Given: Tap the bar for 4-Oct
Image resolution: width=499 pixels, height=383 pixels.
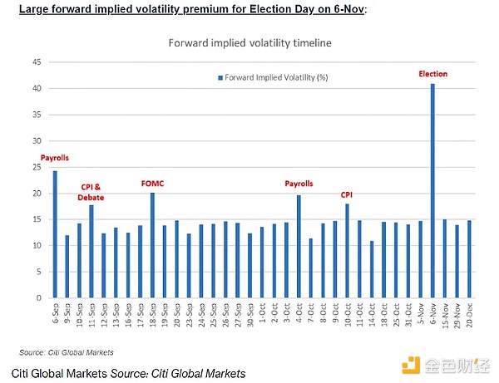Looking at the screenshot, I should pos(299,247).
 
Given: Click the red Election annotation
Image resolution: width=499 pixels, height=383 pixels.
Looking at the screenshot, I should pos(432,74).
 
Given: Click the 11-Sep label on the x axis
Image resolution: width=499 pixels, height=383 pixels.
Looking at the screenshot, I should pos(90,317).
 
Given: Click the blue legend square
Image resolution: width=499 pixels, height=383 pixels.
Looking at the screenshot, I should pos(220,77).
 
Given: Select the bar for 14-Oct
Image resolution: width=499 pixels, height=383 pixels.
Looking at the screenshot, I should pos(372,269).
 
